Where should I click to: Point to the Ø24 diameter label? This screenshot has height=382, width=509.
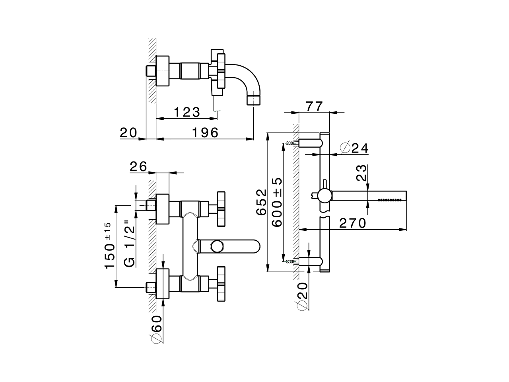click(x=354, y=148)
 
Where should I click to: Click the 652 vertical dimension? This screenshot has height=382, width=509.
click(x=261, y=202)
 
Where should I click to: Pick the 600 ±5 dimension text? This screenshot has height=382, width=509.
click(x=277, y=202)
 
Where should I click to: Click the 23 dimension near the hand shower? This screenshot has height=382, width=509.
click(x=361, y=173)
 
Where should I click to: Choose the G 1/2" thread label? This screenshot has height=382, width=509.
click(x=130, y=243)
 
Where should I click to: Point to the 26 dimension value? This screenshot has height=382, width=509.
click(x=138, y=166)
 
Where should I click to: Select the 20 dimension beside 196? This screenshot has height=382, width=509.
click(x=128, y=133)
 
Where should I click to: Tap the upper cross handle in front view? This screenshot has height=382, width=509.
click(x=221, y=208)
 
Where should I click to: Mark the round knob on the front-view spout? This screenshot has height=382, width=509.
click(x=217, y=246)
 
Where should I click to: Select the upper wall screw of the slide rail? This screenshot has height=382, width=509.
click(x=291, y=142)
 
